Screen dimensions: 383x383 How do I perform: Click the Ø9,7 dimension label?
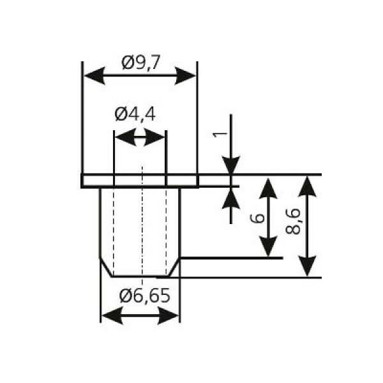click(x=140, y=63)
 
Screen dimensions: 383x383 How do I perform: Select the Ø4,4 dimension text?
click(x=135, y=114)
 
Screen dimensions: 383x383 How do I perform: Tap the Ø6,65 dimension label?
click(x=145, y=296)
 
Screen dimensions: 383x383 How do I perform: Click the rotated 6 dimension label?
click(x=258, y=218)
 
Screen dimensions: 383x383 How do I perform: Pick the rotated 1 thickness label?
click(x=220, y=134)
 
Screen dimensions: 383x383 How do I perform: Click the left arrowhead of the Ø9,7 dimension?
click(x=94, y=76)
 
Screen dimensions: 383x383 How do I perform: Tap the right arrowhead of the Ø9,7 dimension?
click(x=185, y=76)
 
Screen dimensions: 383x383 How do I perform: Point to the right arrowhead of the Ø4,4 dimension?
click(x=155, y=137)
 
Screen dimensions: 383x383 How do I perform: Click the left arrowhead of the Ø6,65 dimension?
click(x=112, y=315)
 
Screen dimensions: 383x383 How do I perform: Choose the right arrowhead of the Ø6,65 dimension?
click(x=169, y=315)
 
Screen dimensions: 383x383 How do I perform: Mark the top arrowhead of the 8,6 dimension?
click(x=307, y=186)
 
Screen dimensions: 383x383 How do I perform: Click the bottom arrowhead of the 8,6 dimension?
click(x=307, y=266)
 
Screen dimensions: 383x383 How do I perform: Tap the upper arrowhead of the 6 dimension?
click(x=268, y=188)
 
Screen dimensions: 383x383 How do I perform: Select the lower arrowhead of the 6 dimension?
click(x=268, y=246)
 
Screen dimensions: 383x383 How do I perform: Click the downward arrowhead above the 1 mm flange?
click(x=231, y=165)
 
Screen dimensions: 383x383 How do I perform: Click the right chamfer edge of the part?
click(x=174, y=267)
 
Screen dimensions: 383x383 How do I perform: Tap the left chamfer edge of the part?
click(x=106, y=267)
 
